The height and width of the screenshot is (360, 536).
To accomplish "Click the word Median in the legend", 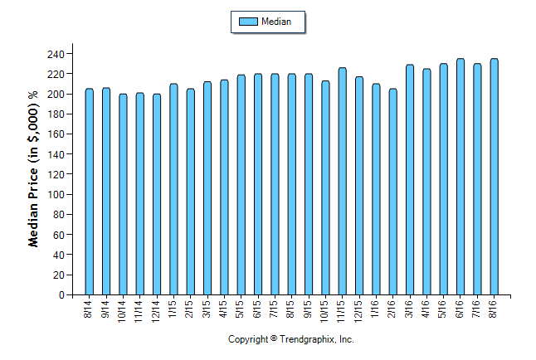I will coord(275,22).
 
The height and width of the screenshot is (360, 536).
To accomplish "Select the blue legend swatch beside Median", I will coord(247,22).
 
